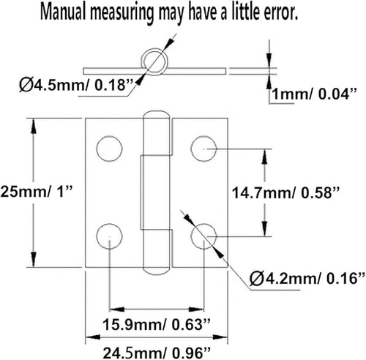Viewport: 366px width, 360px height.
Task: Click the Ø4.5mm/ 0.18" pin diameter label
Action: (76, 86)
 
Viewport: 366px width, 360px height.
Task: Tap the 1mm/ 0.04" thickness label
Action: (314, 94)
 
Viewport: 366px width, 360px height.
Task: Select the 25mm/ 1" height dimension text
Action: (37, 192)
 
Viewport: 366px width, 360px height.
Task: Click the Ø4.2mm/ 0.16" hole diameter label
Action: (307, 278)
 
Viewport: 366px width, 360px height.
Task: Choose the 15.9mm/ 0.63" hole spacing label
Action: (157, 324)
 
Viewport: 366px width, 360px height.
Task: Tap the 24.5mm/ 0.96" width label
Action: (157, 353)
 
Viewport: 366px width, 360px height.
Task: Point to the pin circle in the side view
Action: (142, 61)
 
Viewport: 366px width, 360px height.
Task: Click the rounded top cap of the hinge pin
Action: (157, 112)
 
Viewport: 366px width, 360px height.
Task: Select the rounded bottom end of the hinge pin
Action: (157, 274)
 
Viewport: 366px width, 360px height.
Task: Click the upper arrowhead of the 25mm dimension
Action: (34, 126)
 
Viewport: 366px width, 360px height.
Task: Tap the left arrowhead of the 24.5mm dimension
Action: (93, 337)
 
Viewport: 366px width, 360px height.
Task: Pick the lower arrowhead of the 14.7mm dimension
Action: (265, 228)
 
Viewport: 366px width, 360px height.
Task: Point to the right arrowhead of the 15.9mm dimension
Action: (196, 310)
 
